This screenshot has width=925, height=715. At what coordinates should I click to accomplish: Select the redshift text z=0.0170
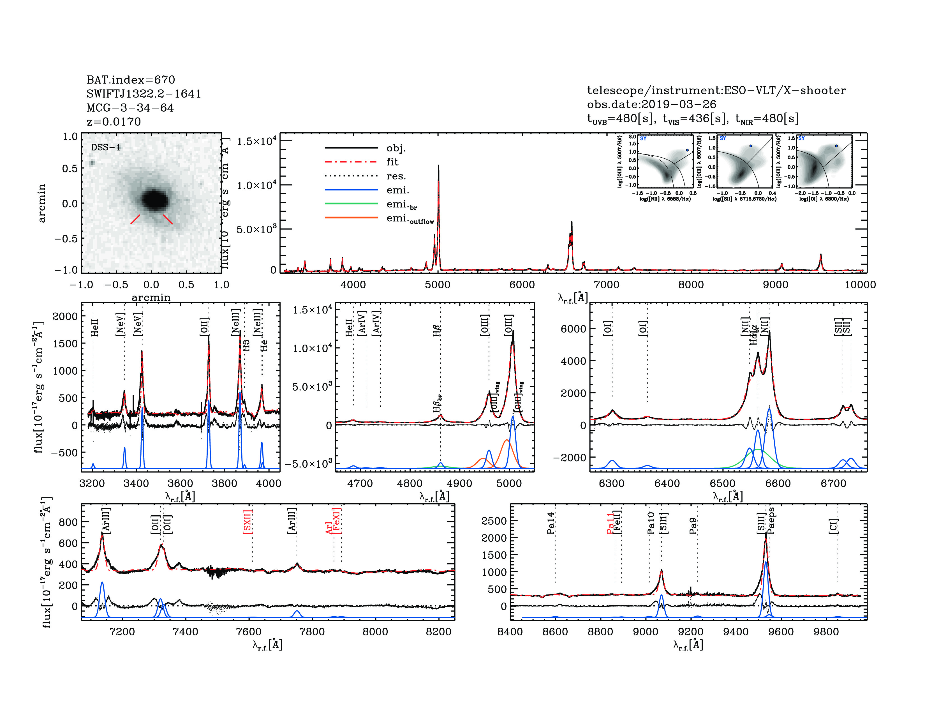tap(114, 122)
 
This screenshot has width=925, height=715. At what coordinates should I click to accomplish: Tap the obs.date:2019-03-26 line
tap(651, 104)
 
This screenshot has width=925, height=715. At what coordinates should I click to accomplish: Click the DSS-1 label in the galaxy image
tap(106, 147)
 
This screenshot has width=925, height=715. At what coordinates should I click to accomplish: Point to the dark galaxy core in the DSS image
tap(154, 199)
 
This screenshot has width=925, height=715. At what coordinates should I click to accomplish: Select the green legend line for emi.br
tap(351, 204)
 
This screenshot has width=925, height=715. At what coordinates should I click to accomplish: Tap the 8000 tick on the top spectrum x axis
tap(691, 285)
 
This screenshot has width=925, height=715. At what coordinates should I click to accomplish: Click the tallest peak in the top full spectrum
tap(438, 166)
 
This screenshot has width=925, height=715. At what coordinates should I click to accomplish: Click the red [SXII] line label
tap(248, 522)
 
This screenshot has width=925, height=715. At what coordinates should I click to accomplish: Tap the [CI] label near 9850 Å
tap(833, 526)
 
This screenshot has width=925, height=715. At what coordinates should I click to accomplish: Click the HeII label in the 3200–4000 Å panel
tap(95, 328)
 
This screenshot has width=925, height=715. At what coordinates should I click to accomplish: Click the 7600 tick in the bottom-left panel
tap(249, 631)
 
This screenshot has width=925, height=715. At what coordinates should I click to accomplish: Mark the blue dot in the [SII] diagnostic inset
tap(750, 146)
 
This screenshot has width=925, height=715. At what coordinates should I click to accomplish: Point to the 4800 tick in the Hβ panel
tap(410, 483)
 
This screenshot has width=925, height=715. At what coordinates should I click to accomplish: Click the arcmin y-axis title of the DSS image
tap(41, 203)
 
